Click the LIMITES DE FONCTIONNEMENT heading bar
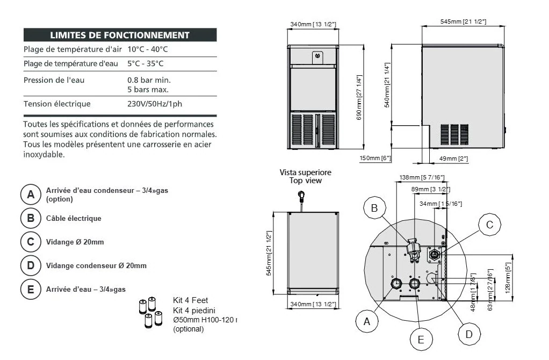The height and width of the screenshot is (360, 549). [x=119, y=35]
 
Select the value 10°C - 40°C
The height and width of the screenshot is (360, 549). [x=148, y=49]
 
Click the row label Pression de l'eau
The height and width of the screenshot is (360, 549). [x=54, y=80]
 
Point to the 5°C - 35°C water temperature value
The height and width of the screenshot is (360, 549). [x=146, y=64]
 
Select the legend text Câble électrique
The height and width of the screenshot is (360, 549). [x=74, y=218]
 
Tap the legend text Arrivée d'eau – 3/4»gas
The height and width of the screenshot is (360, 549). [x=86, y=289]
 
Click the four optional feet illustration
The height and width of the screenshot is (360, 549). [x=150, y=313]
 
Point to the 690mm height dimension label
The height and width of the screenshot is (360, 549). [x=359, y=97]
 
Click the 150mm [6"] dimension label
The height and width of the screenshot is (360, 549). [x=375, y=158]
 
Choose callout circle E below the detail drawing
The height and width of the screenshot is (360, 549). [x=421, y=339]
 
